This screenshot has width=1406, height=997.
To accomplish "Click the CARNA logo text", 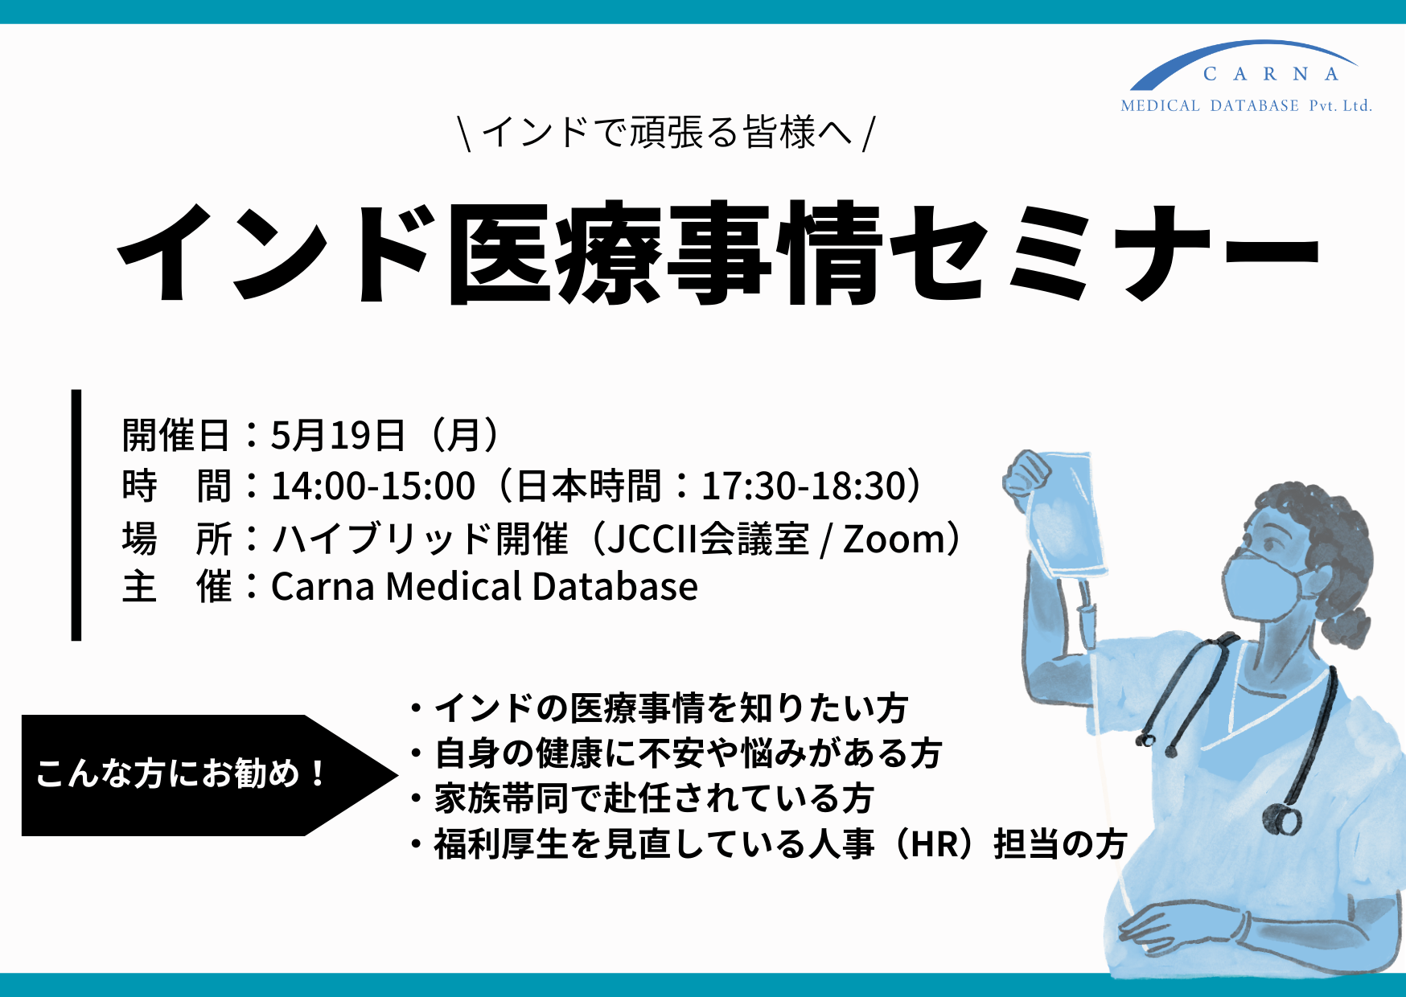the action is pyautogui.click(x=1271, y=74).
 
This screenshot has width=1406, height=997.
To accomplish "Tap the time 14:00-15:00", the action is pyautogui.click(x=373, y=486).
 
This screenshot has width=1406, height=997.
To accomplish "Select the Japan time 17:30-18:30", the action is pyautogui.click(x=804, y=486).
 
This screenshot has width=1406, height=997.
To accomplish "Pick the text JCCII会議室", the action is pyautogui.click(x=708, y=539).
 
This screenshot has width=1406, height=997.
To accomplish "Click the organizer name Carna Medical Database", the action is pyautogui.click(x=484, y=586).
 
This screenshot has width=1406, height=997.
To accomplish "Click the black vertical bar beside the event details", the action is pyautogui.click(x=76, y=515).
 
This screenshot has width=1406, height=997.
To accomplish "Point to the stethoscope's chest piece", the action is pyautogui.click(x=1281, y=819).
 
